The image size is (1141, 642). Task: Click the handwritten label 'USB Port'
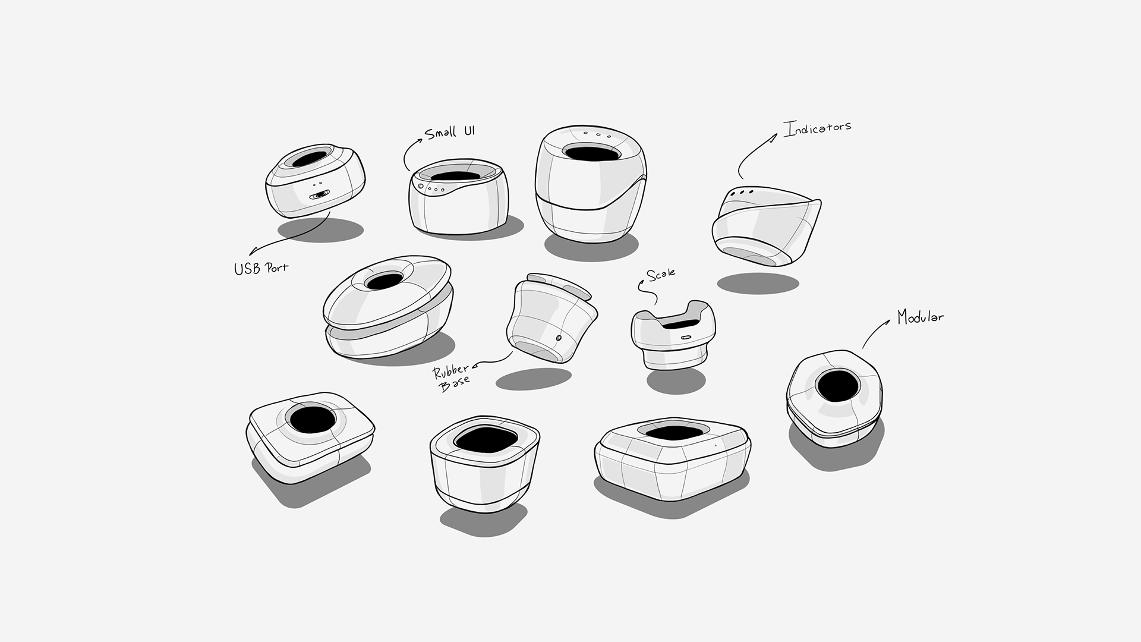pos(261,269)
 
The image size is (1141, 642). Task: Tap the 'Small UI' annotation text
pos(450,132)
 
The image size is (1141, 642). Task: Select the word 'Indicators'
pos(817,128)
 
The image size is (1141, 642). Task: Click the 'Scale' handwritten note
pos(661,275)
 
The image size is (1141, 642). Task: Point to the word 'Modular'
pos(920,317)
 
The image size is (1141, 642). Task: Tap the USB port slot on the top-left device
pos(320,194)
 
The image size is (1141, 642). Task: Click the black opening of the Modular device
pos(837,386)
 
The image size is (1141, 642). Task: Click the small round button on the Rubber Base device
pos(558,338)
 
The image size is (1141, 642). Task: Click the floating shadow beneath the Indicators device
pos(757,283)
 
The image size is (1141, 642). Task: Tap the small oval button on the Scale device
pos(686,338)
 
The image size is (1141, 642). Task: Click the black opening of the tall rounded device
pos(592,152)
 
